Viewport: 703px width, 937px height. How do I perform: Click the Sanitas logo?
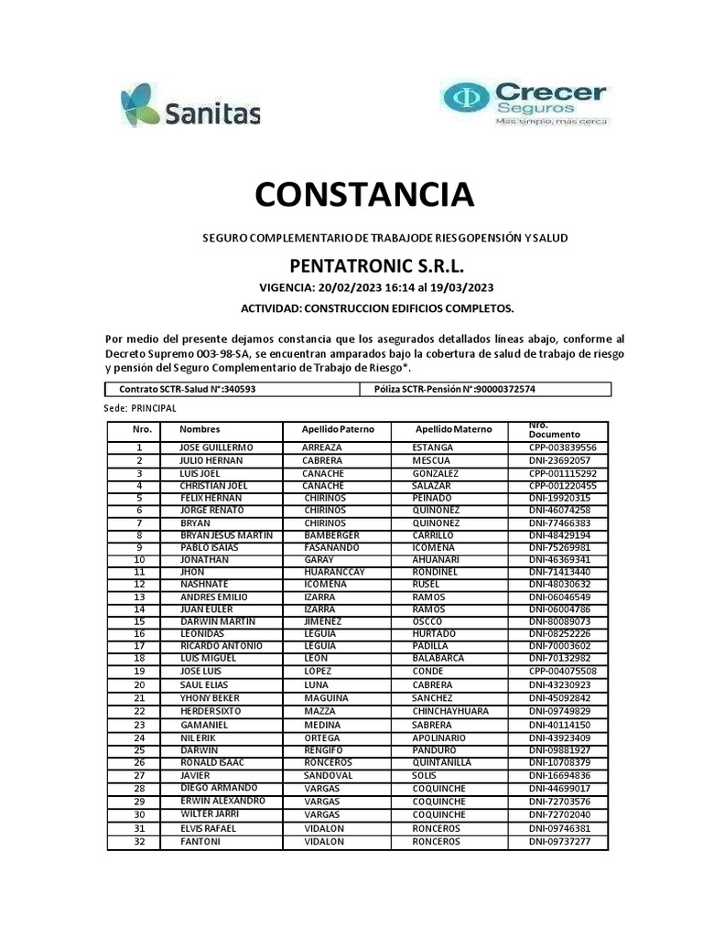point(190,106)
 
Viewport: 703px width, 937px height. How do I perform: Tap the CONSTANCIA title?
point(364,194)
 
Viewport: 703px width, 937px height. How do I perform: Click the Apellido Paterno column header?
point(339,429)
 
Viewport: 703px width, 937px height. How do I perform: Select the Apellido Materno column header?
point(453,429)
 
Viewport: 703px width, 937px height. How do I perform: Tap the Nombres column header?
point(200,429)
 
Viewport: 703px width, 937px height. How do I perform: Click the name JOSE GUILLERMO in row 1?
point(217,447)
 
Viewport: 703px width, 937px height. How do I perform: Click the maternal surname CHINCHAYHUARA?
point(450,711)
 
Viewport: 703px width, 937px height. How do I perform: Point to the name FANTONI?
point(200,842)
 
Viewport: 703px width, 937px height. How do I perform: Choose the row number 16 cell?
point(139,633)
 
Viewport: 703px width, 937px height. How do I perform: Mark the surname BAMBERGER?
point(333,534)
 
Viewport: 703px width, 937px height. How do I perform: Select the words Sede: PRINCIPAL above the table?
point(141,408)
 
